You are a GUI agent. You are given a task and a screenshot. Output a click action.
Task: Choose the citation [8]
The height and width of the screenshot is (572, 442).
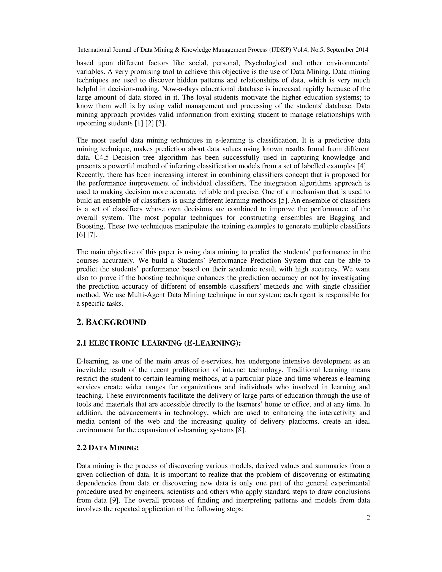click(x=241, y=430)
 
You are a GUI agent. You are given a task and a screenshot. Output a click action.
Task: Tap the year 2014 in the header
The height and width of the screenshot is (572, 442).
click(x=362, y=50)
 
